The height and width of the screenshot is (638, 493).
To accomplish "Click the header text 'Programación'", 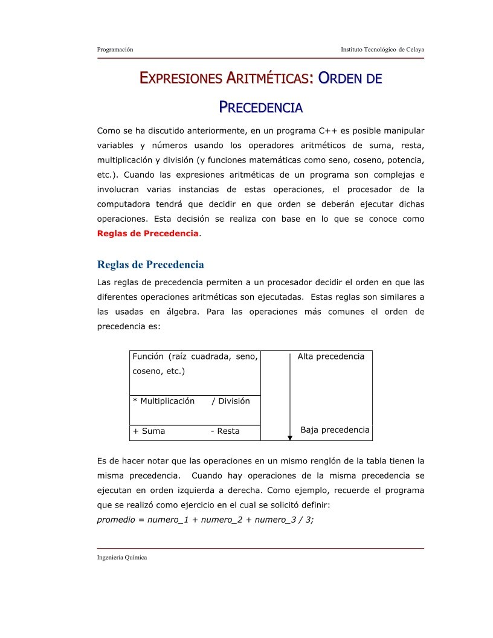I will [115, 49].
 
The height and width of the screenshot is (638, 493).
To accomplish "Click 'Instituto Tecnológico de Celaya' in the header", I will [382, 49].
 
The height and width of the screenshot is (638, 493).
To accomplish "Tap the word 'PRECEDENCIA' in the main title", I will [260, 108].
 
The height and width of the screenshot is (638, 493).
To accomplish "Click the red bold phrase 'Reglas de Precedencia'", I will [147, 233].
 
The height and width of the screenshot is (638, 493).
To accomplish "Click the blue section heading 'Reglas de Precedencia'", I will [150, 265].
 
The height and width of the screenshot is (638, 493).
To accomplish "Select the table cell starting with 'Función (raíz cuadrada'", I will [195, 364].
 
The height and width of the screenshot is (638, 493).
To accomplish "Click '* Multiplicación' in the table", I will [164, 401].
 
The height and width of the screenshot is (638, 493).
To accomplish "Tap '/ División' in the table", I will [230, 401].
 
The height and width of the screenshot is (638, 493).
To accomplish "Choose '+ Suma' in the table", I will [149, 431].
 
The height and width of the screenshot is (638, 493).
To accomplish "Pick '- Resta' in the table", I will [225, 431].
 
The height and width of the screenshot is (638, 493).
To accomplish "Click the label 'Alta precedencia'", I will [330, 356].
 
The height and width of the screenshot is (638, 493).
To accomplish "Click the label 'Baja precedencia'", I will [335, 430].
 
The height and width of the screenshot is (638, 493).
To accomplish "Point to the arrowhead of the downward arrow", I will [290, 438].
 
